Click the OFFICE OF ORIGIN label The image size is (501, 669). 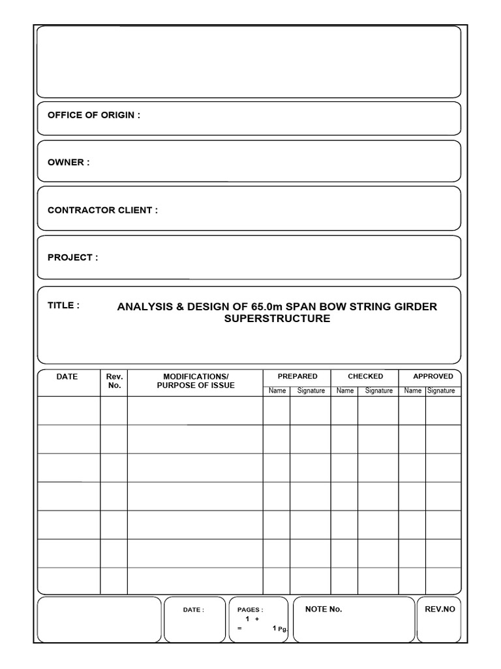[93, 115]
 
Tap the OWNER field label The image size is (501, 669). [68, 162]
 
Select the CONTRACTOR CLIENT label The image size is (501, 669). [102, 210]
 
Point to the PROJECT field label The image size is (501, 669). [72, 257]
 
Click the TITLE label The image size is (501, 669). [63, 305]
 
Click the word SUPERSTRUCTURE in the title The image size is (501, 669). [277, 319]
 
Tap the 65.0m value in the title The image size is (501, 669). [266, 306]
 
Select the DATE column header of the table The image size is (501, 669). [67, 376]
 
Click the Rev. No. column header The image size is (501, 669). [114, 381]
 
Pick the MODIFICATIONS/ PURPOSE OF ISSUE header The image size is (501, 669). [196, 381]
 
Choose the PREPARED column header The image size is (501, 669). [297, 376]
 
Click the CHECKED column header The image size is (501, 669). [365, 376]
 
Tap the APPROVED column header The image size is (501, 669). [433, 376]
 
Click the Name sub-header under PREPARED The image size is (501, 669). [277, 391]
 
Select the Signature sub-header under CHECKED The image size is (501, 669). [378, 391]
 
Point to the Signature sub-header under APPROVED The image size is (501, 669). [441, 391]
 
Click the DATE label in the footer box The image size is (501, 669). [193, 610]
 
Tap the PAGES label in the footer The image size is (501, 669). [250, 610]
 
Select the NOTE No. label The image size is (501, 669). [324, 609]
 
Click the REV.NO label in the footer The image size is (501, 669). [440, 609]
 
